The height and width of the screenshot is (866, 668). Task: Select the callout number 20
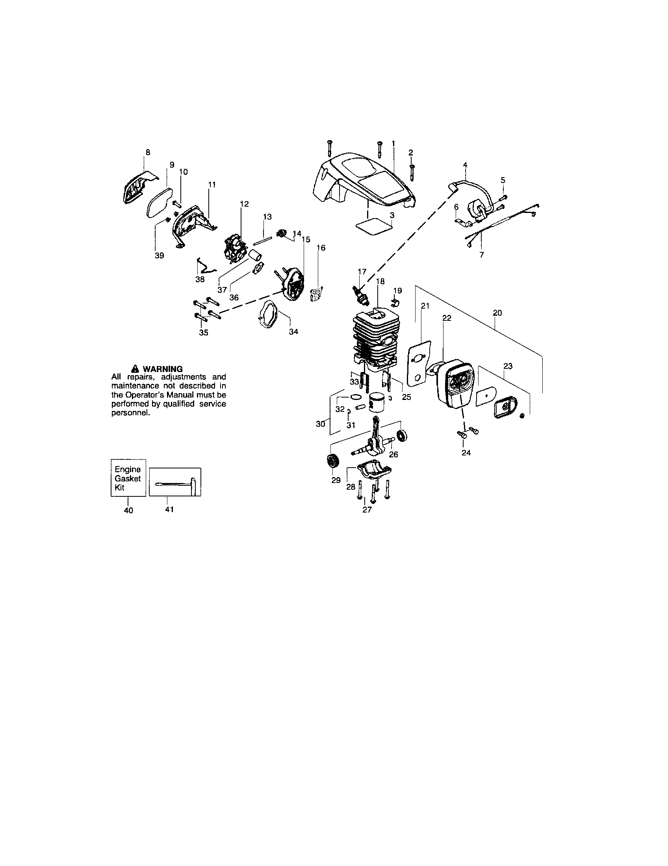coord(497,313)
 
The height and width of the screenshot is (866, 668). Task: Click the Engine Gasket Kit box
coord(128,478)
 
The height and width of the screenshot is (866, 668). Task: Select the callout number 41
coord(169,509)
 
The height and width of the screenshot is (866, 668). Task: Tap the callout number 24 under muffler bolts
coord(466,452)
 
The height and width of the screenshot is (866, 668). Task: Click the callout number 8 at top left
coord(148,152)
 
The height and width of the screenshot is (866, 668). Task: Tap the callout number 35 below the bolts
coord(204,332)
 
